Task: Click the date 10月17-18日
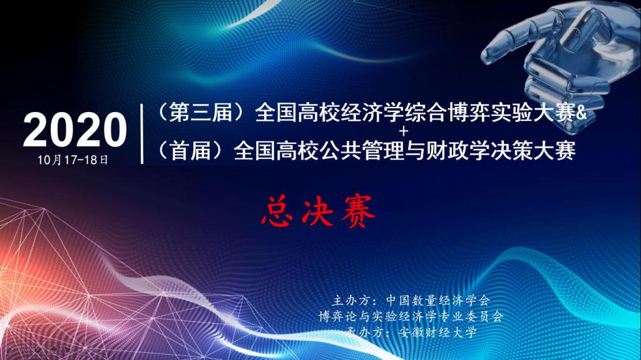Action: pyautogui.click(x=73, y=160)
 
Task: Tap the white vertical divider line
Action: pyautogui.click(x=142, y=134)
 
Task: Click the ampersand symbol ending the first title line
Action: pyautogui.click(x=581, y=113)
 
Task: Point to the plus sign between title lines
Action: pyautogui.click(x=404, y=131)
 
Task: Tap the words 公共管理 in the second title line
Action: pyautogui.click(x=362, y=150)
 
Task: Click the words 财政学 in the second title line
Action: pyautogui.click(x=458, y=150)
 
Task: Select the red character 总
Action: pyautogui.click(x=277, y=211)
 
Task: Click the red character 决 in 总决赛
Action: pyautogui.click(x=317, y=211)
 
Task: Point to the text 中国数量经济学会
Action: pyautogui.click(x=438, y=301)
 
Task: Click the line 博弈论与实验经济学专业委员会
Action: pyautogui.click(x=411, y=316)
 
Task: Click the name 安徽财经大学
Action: pyautogui.click(x=438, y=332)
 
